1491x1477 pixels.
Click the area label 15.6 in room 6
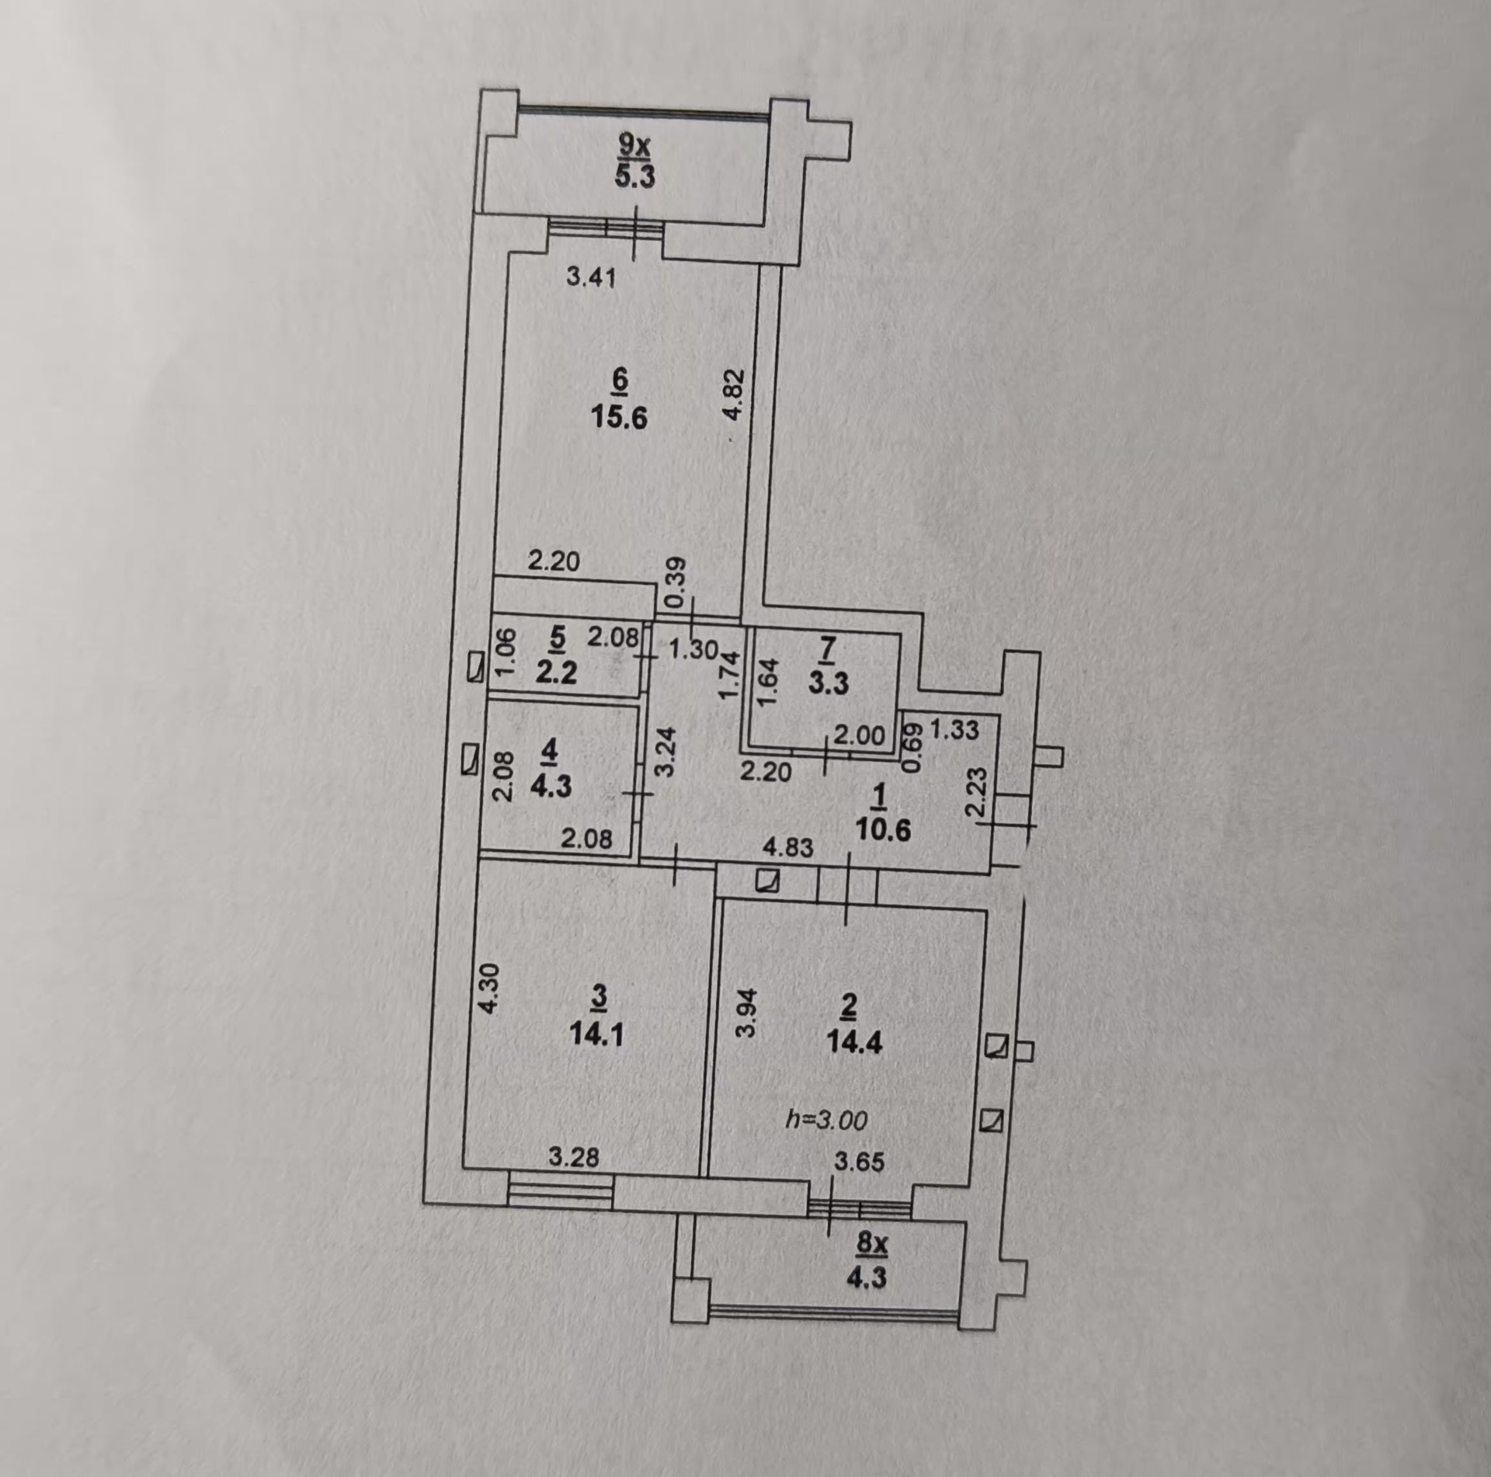(x=619, y=419)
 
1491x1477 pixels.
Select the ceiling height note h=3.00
(x=826, y=1119)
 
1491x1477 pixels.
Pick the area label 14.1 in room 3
(x=596, y=1035)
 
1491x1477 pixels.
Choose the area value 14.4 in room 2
(x=855, y=1042)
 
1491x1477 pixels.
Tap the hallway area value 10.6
(x=882, y=830)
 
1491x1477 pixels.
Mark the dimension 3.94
(x=745, y=1013)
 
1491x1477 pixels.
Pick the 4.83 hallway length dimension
(x=787, y=847)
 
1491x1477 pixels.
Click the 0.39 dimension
(x=676, y=582)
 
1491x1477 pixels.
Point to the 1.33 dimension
(x=954, y=729)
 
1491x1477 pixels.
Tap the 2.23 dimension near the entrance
(x=977, y=791)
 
